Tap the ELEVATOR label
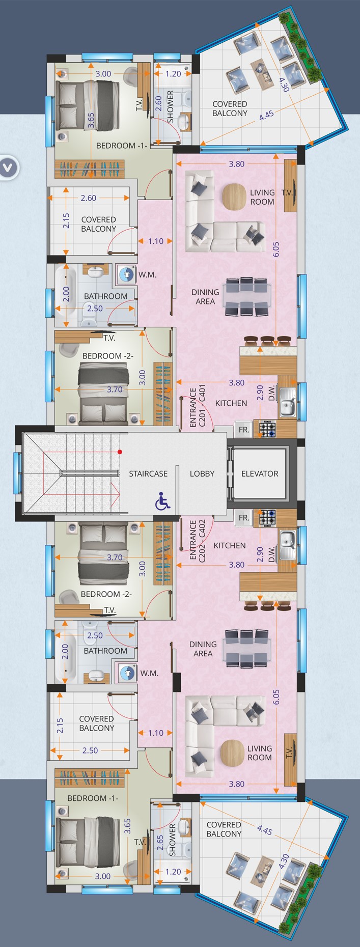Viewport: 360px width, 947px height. coord(260,473)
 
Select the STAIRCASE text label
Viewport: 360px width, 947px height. coord(148,473)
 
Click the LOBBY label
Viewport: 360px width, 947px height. coord(202,473)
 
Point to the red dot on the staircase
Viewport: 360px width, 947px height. coord(120,452)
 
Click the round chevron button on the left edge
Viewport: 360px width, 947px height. coord(9,166)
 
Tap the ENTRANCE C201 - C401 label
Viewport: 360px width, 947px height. coord(198,407)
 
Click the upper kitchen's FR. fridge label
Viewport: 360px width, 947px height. coord(244,430)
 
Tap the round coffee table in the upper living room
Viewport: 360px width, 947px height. coord(235,197)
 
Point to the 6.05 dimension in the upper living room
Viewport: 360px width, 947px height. coord(276,253)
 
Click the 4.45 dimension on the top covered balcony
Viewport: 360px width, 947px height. coord(266,115)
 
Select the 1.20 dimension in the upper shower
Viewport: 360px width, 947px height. coord(173,74)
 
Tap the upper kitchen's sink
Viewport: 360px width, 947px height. coord(287,401)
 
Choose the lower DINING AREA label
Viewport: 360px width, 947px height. coord(203,649)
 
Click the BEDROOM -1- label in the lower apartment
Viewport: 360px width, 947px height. coord(92,798)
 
